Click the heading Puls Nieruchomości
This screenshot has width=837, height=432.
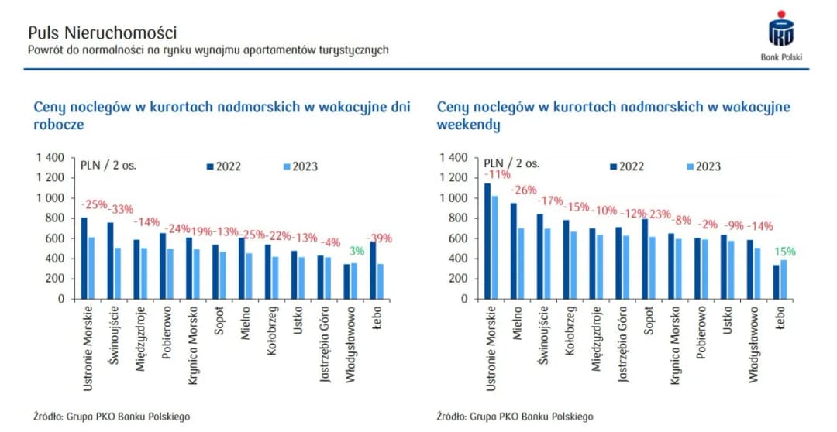102,33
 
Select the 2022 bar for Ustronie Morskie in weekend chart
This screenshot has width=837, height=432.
487,241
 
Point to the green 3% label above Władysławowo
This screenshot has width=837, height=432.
356,251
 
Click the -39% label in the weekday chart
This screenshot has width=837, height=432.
380,238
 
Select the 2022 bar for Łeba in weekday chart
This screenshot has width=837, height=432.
374,270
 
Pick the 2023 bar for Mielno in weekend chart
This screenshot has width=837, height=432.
522,263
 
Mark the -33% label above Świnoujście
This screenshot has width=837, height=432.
120,209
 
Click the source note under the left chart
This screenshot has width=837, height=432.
112,416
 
